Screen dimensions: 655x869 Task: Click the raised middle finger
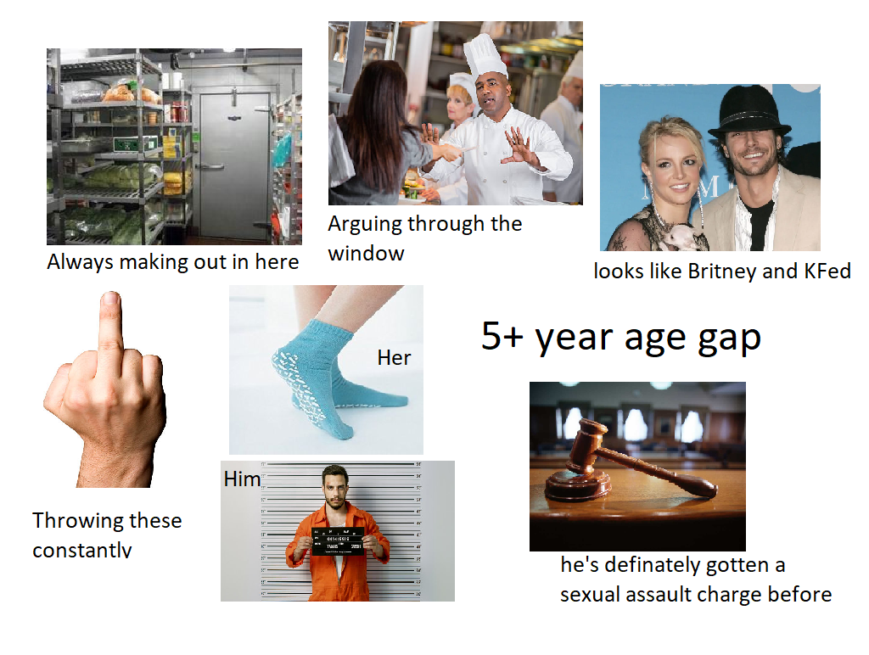pyautogui.click(x=109, y=327)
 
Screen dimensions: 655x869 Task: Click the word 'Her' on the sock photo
pyautogui.click(x=394, y=358)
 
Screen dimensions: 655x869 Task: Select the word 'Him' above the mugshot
pyautogui.click(x=242, y=479)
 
